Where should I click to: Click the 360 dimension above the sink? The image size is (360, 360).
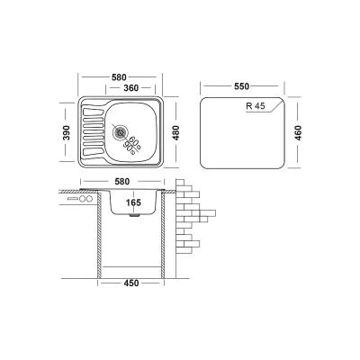pos(131,88)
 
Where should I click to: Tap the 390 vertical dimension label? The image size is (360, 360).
pos(67,132)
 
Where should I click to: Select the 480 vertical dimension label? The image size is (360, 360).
pos(176,132)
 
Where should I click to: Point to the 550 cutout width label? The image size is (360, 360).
pos(241,86)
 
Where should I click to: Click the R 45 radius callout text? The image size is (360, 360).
pos(256,106)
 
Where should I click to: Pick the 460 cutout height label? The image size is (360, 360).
pos(298,133)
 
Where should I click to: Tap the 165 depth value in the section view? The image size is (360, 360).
pos(133,202)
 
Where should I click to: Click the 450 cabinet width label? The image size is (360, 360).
pos(131,283)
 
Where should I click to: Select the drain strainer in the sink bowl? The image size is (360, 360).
pos(121,132)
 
